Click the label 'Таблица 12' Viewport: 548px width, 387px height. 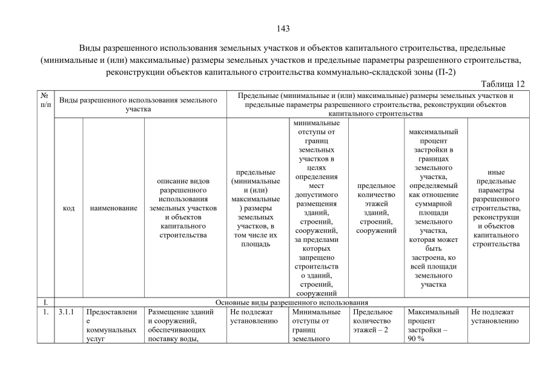point(502,83)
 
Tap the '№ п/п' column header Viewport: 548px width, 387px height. point(44,100)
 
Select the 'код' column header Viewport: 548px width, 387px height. point(68,208)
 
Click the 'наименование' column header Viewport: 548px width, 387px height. point(113,208)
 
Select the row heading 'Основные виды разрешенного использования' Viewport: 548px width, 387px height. point(292,302)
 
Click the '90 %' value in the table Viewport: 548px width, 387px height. point(417,339)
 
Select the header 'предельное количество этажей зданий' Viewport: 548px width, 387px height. point(376,208)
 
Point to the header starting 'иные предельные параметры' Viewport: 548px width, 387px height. point(495,208)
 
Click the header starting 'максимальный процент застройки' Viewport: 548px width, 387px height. point(434,208)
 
